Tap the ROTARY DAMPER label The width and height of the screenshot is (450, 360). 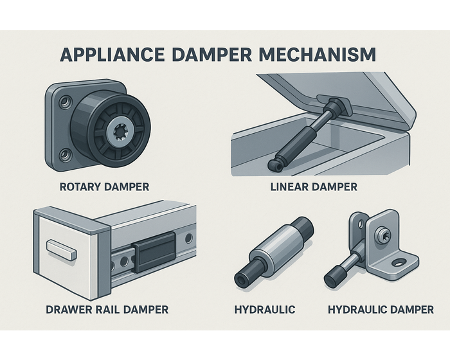point(104,187)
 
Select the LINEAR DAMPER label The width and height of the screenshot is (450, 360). point(314,187)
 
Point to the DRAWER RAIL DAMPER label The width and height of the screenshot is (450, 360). point(107,310)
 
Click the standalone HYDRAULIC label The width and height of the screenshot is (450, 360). point(265,310)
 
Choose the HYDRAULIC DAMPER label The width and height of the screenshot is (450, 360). point(381,310)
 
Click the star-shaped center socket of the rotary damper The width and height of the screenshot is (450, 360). point(118,132)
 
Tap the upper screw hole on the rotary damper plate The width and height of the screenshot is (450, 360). point(64,102)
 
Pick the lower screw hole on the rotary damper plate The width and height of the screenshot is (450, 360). point(65,155)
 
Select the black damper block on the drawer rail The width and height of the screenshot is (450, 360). point(154,251)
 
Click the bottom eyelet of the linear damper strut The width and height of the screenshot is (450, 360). point(275,165)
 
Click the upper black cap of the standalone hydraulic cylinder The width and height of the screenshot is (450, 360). point(303,228)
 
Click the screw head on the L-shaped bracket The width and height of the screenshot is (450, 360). point(382,235)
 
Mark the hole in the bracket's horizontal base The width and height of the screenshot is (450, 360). point(399,262)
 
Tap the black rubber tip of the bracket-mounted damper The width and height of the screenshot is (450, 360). point(335,276)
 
